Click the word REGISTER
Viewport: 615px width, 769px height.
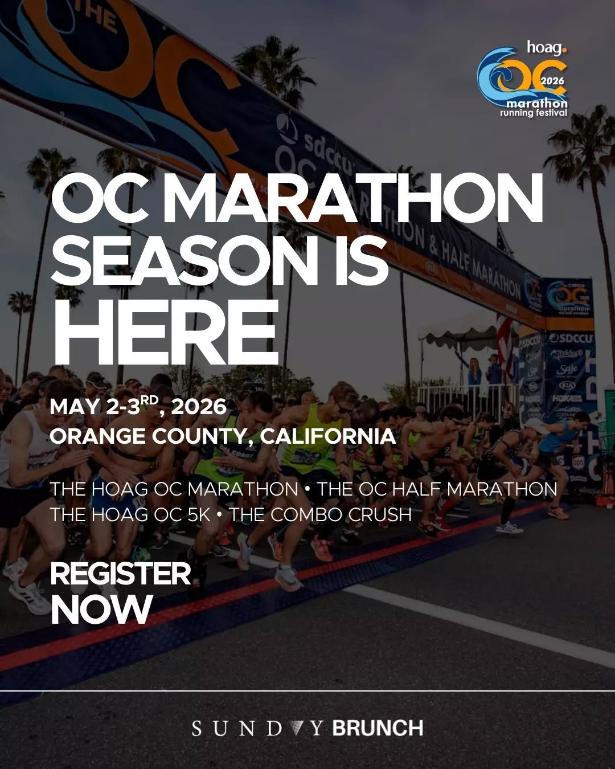tap(120, 574)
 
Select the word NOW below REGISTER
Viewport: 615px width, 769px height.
tap(101, 610)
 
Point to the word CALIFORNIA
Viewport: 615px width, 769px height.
tap(328, 436)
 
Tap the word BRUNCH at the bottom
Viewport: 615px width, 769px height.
tap(378, 728)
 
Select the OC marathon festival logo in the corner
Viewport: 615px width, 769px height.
tap(523, 80)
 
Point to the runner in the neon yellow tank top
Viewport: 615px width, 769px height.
tap(310, 439)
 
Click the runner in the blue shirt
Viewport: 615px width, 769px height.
tap(561, 439)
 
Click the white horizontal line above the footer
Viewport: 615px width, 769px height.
tap(307, 691)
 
